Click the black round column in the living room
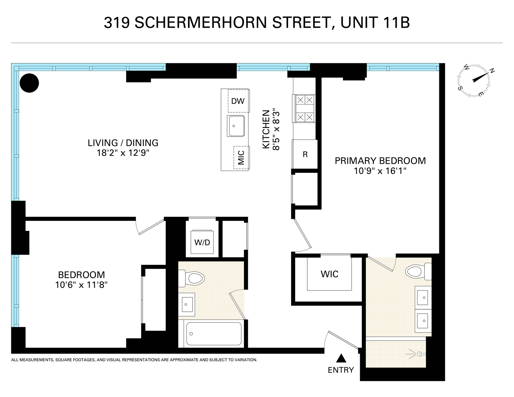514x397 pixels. [29, 83]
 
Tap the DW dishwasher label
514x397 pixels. [238, 101]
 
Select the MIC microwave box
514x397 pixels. [241, 158]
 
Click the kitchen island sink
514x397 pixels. [235, 126]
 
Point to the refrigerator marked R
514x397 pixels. [305, 154]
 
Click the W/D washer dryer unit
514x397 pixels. [202, 242]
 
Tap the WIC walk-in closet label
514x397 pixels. [329, 274]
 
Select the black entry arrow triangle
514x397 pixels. [340, 358]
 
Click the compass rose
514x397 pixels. [474, 80]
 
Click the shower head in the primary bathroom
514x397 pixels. [419, 353]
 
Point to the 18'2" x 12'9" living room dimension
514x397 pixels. [123, 153]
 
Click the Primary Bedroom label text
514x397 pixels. [380, 161]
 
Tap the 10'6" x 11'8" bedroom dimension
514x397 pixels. [82, 284]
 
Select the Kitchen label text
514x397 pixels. [266, 129]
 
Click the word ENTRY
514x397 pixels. [341, 370]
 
